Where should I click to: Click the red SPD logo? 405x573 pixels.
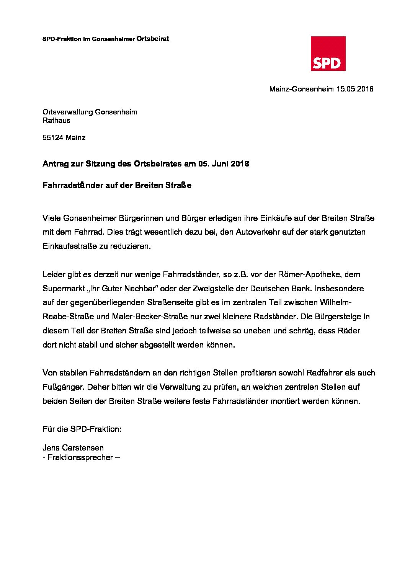pos(328,54)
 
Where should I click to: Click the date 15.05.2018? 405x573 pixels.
pos(354,89)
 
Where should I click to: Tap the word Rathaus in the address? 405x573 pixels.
pos(56,121)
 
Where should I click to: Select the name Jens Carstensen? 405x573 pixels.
pos(73,448)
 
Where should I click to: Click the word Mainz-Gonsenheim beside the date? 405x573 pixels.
pos(301,89)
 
